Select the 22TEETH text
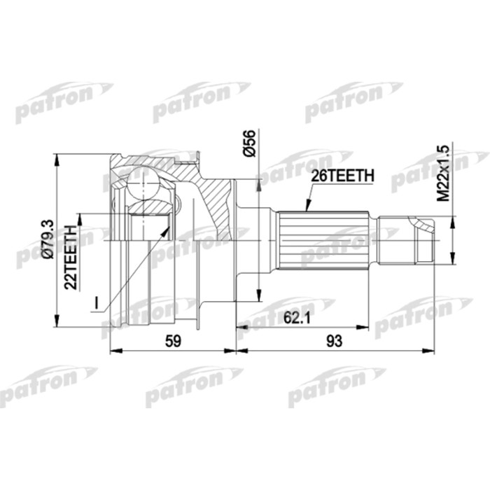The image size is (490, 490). click(x=69, y=258)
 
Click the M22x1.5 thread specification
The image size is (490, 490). click(x=443, y=174)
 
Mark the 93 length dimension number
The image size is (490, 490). click(x=336, y=342)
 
